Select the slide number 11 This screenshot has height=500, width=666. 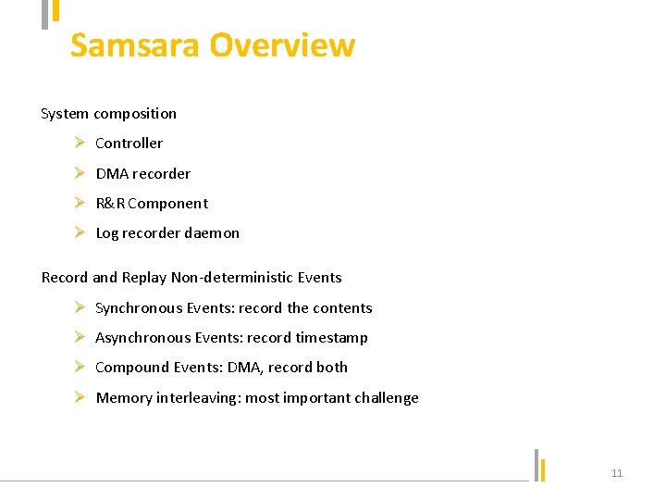[x=617, y=473]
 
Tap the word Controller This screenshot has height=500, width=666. [x=129, y=144]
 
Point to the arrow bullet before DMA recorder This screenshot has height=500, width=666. [x=80, y=173]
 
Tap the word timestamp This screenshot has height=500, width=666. [x=331, y=338]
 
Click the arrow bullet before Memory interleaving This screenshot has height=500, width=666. [x=80, y=398]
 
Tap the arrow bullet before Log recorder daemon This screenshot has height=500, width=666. [x=80, y=233]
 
